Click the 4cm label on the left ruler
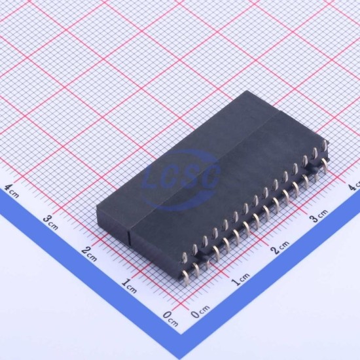(x=12, y=191)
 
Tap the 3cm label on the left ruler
(x=50, y=223)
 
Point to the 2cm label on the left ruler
(x=89, y=255)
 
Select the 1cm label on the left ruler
(x=129, y=286)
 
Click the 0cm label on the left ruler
(x=170, y=319)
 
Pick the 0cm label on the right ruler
(x=200, y=312)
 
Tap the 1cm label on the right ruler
(x=240, y=279)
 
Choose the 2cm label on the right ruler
(x=280, y=247)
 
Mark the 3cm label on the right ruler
(x=319, y=216)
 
